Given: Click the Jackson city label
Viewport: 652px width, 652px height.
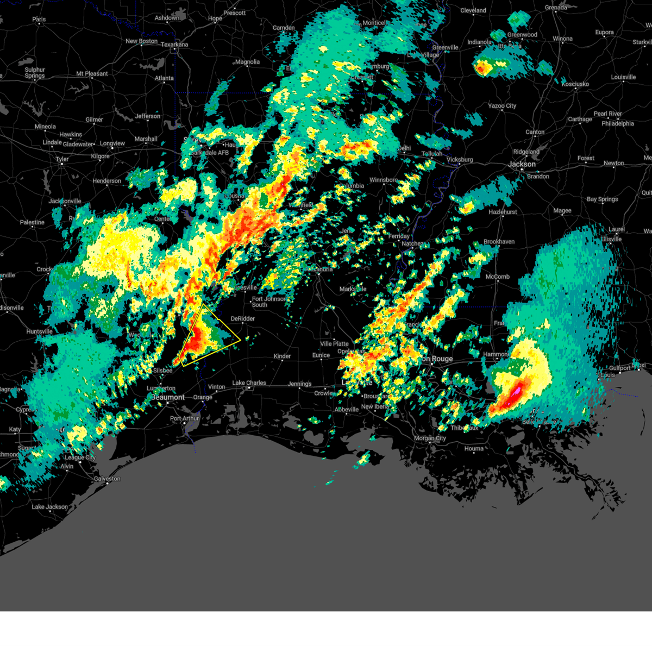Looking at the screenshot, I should [522, 164].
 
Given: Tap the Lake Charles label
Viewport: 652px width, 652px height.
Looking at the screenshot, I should [249, 383].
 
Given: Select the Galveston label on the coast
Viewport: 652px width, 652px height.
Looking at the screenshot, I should [107, 479].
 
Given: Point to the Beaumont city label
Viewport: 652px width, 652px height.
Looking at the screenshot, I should [168, 398].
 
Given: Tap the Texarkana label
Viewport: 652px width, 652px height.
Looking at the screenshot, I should [174, 45].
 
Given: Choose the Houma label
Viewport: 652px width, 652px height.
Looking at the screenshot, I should [474, 449].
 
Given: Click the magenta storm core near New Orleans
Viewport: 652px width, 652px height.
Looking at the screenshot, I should [516, 391].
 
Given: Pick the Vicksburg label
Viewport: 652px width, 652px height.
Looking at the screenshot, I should [460, 160].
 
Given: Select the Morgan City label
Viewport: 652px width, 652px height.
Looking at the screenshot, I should [430, 438].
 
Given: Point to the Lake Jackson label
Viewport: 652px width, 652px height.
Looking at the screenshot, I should [50, 507].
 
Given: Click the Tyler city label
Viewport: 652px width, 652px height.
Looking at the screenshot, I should [62, 160].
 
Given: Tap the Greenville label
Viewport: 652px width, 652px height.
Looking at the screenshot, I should [445, 48].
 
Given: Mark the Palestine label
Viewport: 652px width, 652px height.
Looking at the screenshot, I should [32, 223].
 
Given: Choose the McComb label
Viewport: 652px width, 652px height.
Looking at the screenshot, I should [498, 277].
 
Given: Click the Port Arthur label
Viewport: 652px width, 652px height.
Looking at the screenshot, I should [185, 419].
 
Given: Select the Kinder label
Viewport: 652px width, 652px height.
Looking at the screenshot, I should [282, 356].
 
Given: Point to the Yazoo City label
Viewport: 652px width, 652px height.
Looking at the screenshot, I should [502, 106].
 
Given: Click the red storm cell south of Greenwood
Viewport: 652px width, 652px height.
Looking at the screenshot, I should [482, 68].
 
